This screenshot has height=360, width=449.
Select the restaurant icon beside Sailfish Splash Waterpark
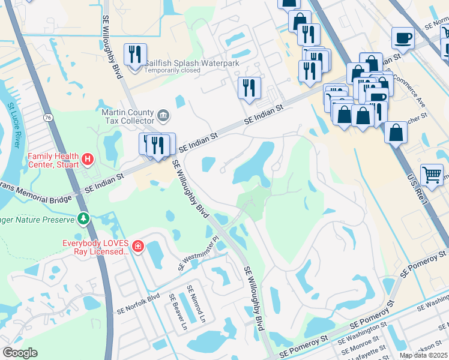135,55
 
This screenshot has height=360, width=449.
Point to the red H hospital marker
88,159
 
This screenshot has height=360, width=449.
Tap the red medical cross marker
139,247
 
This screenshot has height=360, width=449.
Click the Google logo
20,353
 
